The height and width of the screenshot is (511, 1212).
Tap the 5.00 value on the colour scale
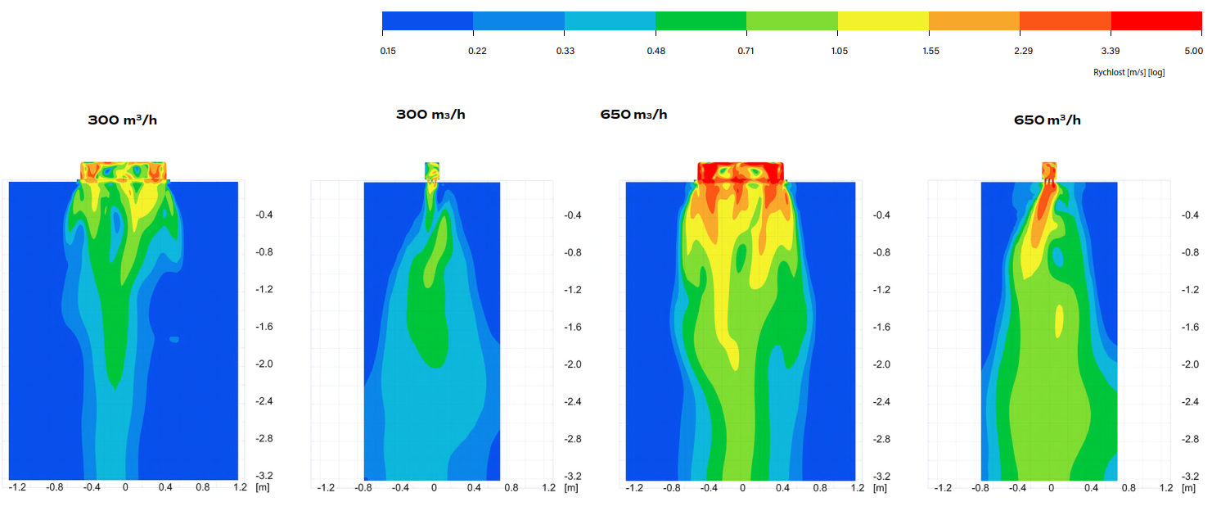point(1192,51)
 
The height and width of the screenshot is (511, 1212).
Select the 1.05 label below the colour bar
point(839,51)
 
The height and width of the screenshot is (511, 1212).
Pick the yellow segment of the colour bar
point(883,21)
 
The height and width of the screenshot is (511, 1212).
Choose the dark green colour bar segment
point(701,21)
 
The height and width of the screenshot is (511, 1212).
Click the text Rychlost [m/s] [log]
point(1129,72)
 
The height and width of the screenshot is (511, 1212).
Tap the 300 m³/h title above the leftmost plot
point(122,120)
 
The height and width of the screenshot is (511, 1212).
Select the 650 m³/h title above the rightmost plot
point(1047,120)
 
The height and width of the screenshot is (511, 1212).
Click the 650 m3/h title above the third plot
point(633,115)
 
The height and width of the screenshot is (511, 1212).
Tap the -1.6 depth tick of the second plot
point(573,327)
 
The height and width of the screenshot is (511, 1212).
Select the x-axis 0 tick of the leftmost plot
point(125,487)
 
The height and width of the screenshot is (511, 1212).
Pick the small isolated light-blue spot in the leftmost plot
point(174,338)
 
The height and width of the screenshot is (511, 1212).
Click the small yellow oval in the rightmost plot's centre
point(1059,321)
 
